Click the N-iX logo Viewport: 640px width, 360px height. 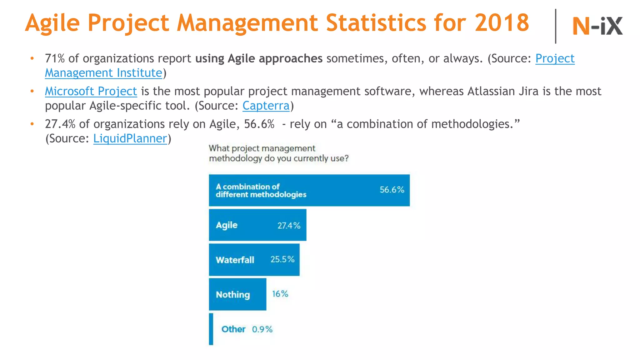[x=597, y=26]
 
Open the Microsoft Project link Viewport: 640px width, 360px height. [x=91, y=91]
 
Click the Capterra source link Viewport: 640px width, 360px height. [x=266, y=106]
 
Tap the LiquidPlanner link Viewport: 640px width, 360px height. [x=130, y=138]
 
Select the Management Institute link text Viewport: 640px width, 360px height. [x=103, y=73]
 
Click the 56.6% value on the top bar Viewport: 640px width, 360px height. [x=392, y=190]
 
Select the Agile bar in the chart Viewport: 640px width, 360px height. [x=257, y=225]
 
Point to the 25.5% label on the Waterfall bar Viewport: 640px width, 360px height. [x=282, y=259]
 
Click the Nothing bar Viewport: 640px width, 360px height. [x=237, y=294]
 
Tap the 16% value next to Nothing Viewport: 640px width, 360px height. [x=280, y=294]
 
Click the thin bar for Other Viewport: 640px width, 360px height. [x=211, y=329]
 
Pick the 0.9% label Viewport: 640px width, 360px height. [x=262, y=329]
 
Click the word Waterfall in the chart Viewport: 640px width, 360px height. [x=235, y=260]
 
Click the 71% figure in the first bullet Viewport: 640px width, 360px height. [x=55, y=58]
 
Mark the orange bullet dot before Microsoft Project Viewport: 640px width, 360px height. [x=32, y=91]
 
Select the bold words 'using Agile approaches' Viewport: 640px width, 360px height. [x=259, y=58]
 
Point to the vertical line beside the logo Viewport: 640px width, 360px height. [x=555, y=26]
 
